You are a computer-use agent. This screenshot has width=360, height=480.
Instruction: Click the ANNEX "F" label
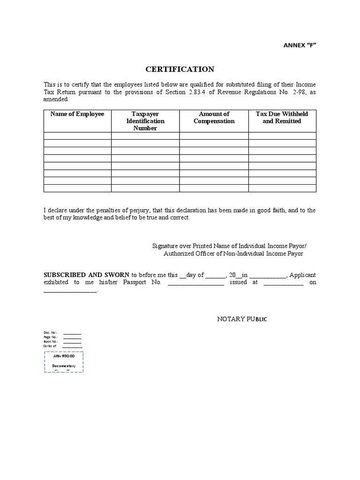tap(296, 45)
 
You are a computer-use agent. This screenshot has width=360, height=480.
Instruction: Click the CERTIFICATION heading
tap(180, 69)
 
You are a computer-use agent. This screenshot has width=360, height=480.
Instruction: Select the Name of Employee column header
tap(77, 114)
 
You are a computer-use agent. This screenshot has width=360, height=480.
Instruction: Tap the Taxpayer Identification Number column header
tap(145, 121)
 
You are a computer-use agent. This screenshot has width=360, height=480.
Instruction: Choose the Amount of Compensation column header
tap(214, 118)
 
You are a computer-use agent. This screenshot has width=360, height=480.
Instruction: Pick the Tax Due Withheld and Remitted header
tap(282, 118)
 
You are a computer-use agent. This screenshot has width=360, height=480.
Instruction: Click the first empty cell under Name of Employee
tap(77, 136)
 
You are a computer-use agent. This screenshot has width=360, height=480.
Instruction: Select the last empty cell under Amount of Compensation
tap(214, 188)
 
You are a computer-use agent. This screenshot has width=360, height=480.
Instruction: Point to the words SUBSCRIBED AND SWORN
tap(87, 275)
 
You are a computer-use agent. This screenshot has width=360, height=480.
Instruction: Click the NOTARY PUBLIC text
tap(242, 319)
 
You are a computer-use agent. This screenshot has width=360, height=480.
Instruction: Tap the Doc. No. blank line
tap(72, 333)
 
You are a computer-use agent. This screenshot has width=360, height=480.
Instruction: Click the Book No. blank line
tap(72, 342)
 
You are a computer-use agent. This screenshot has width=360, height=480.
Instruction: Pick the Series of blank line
tap(72, 346)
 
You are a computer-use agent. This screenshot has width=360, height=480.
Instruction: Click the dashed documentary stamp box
tap(64, 362)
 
